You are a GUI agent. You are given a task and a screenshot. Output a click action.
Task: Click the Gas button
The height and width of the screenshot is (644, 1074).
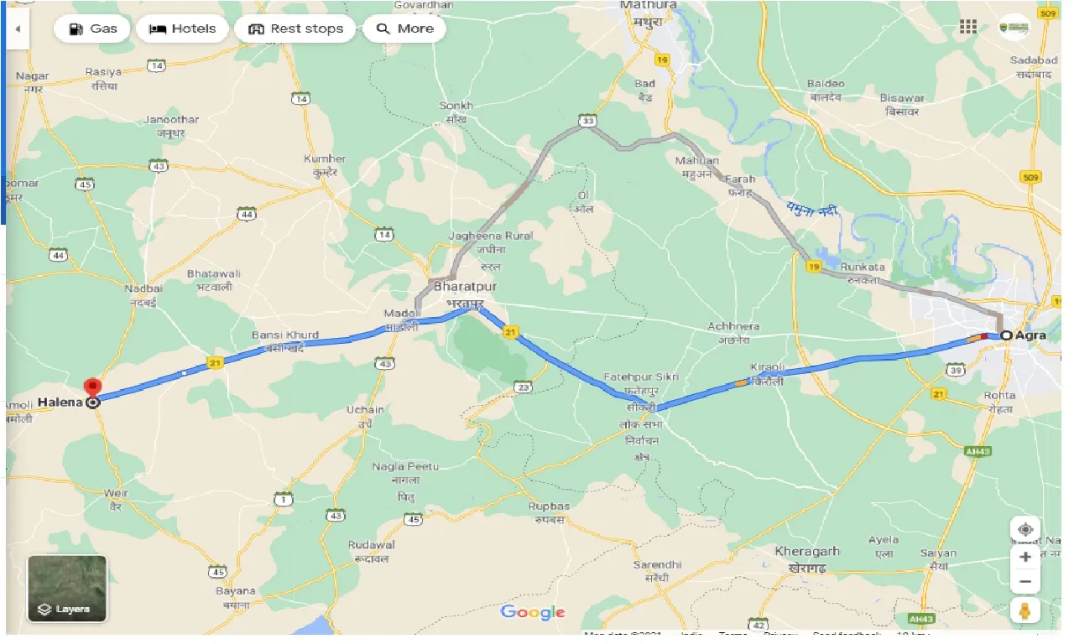[92, 29]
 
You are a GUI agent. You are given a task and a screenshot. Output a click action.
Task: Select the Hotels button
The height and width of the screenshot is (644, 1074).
[182, 29]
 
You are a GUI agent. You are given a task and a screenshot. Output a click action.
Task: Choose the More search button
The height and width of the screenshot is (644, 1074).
[404, 29]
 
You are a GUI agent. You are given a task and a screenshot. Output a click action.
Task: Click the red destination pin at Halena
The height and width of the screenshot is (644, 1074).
[92, 388]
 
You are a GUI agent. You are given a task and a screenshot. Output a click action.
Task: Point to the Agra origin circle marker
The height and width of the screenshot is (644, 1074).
[1006, 335]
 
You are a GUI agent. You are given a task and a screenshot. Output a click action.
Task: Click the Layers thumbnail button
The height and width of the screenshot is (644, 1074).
[67, 588]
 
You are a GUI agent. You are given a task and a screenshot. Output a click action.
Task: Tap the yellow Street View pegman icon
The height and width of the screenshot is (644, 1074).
[1025, 611]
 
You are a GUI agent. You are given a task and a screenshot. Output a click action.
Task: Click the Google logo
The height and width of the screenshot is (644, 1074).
[533, 612]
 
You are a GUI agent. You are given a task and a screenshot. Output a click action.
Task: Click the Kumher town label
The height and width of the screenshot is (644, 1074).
[325, 158]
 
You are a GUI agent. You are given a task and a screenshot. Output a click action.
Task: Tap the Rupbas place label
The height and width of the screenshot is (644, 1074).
[549, 506]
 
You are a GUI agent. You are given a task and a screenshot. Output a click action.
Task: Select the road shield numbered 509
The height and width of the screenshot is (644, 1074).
[1032, 177]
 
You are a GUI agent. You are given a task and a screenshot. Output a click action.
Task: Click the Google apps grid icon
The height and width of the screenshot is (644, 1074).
[968, 27]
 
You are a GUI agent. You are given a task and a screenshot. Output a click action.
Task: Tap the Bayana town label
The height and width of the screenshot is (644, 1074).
[237, 591]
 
